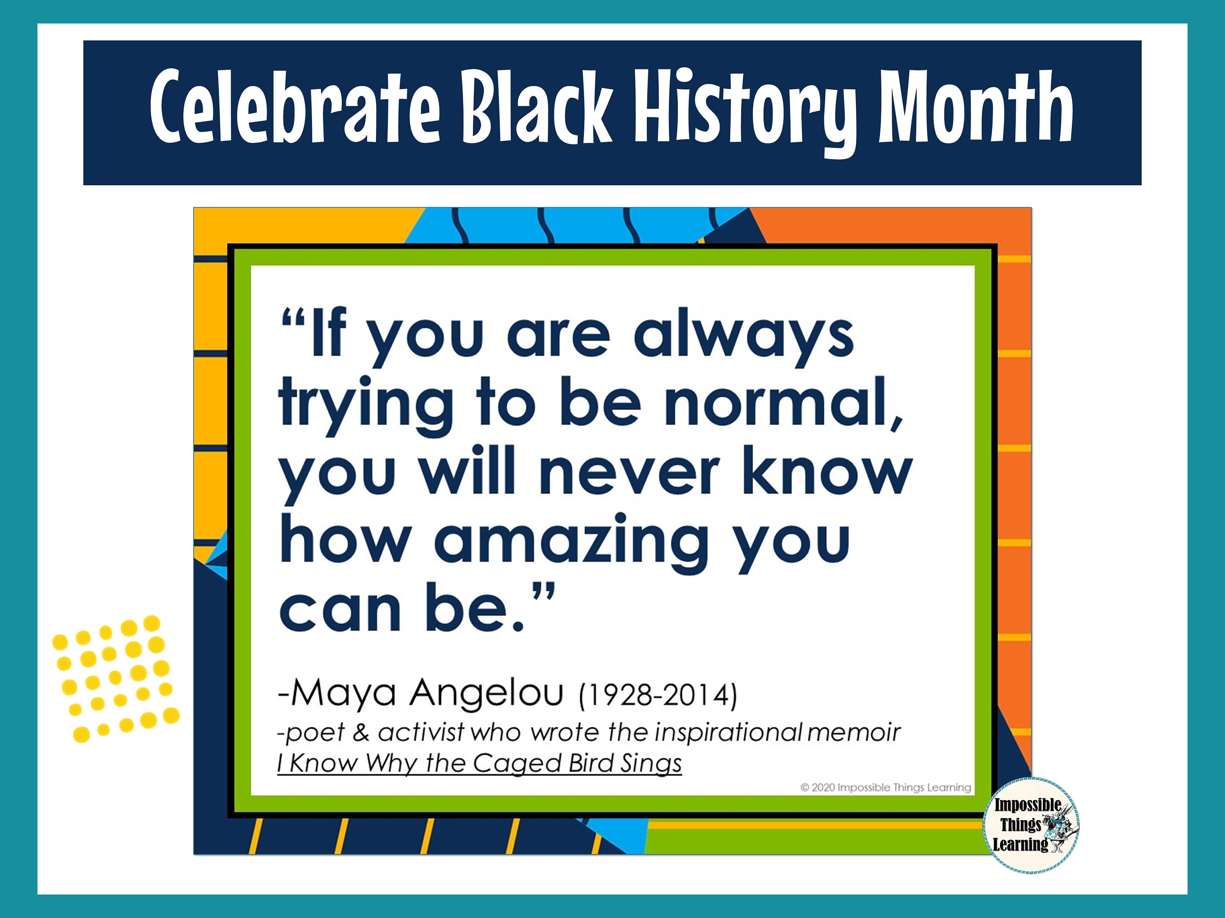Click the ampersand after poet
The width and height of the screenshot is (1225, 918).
(x=361, y=733)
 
